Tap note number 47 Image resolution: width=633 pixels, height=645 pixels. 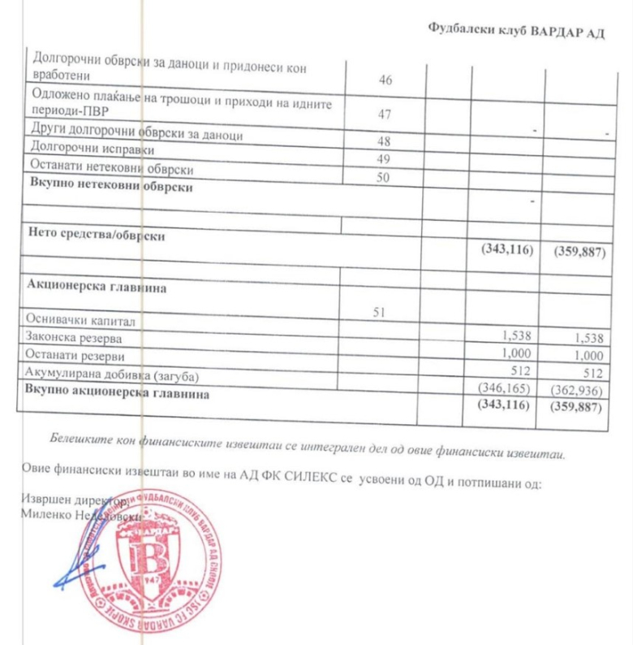pyautogui.click(x=385, y=115)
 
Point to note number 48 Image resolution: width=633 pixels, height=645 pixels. pyautogui.click(x=384, y=141)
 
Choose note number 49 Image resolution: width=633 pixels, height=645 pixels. pyautogui.click(x=384, y=158)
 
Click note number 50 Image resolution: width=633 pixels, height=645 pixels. pyautogui.click(x=385, y=175)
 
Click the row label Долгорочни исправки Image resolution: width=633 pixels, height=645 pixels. pyautogui.click(x=81, y=149)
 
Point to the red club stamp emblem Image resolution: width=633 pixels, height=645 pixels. pyautogui.click(x=152, y=561)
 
